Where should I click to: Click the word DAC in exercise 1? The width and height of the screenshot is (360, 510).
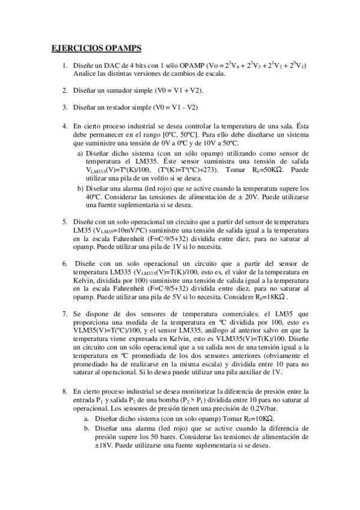tap(110, 65)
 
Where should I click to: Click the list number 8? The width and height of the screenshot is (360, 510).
tap(65, 391)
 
